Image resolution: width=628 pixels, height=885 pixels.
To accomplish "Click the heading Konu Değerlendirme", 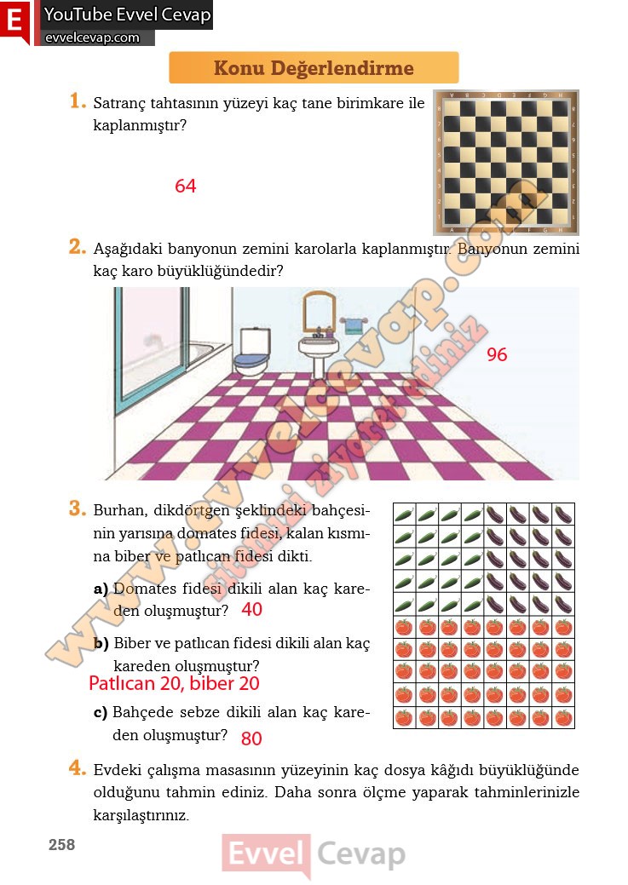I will (314, 68).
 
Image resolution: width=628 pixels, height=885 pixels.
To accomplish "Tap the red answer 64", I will (185, 186).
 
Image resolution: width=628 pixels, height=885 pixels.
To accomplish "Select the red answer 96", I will (497, 354).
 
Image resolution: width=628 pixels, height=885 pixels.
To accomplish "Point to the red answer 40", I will (251, 610).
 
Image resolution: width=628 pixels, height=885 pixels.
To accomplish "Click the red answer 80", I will (251, 738).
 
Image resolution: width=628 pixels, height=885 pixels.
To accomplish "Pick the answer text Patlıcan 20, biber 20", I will (174, 683).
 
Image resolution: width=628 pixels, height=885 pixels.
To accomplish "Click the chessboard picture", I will (505, 162).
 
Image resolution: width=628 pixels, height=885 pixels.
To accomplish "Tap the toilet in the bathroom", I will (251, 353).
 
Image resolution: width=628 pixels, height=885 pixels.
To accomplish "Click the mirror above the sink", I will (320, 313).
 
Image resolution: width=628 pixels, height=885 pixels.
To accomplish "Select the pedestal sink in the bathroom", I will (318, 353).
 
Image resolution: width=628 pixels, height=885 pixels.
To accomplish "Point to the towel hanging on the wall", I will (352, 325).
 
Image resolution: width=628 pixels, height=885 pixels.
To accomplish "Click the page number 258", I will (61, 845).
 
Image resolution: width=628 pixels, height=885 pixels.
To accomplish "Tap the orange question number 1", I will (78, 102).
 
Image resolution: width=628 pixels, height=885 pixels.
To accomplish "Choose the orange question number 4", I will (78, 768).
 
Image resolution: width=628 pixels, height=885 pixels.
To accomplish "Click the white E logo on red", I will (14, 21).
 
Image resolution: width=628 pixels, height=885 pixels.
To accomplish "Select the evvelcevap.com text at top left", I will (91, 37).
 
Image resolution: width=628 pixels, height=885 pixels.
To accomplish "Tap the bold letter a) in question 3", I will (101, 589).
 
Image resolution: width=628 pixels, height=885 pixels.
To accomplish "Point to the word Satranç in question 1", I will (120, 105).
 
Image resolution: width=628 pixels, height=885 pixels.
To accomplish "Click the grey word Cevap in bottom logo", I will (361, 853).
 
